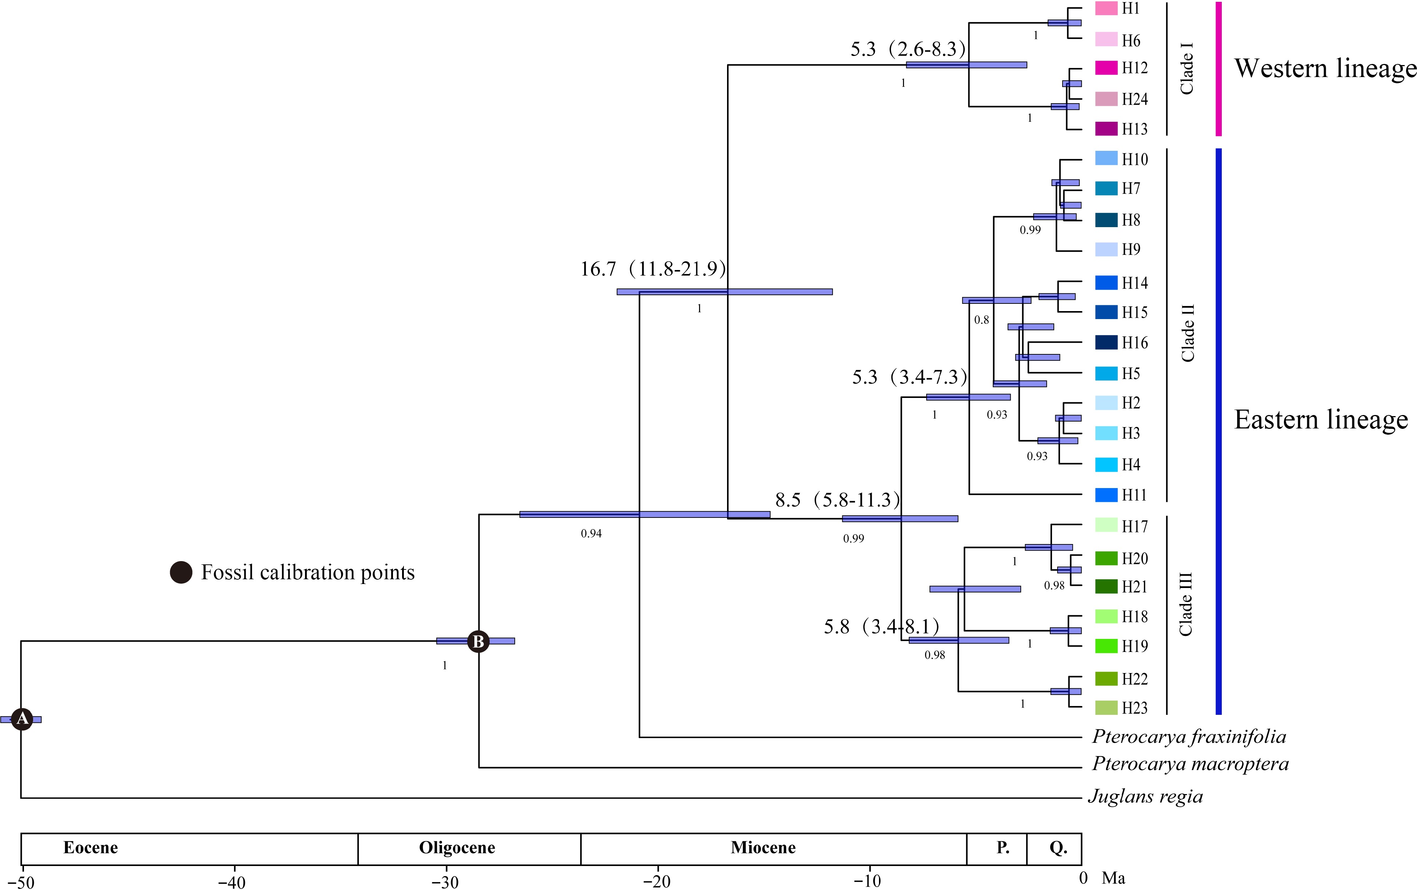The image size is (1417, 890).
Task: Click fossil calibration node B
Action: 478,641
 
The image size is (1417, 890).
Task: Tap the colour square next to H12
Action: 1106,68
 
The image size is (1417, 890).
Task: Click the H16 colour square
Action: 1106,342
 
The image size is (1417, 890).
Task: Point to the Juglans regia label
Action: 1145,797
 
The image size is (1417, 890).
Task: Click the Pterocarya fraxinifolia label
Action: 1189,737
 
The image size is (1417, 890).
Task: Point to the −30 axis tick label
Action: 445,881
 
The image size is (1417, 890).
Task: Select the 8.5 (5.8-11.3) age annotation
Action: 837,500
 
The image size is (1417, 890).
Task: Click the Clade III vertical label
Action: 1186,604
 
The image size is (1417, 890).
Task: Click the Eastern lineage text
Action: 1321,419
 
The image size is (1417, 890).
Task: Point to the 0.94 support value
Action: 591,533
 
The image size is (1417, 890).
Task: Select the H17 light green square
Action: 1106,525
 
